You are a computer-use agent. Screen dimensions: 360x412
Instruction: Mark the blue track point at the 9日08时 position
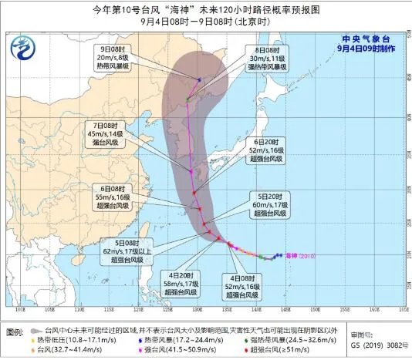click(199, 79)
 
